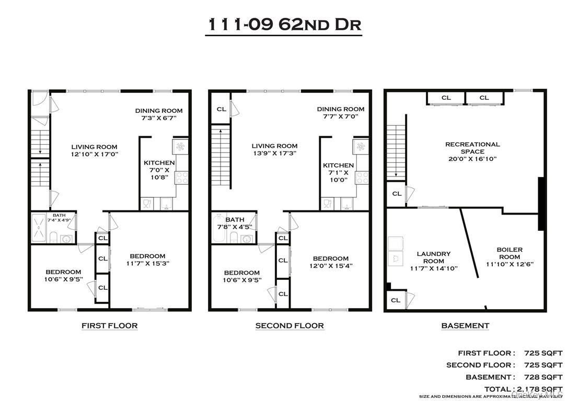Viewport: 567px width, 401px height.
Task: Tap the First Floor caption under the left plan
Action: pos(109,326)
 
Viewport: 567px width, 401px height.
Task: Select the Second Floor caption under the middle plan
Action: pos(290,326)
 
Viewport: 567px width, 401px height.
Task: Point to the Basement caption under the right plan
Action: pos(465,326)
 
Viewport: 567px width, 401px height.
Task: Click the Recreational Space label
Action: pos(472,151)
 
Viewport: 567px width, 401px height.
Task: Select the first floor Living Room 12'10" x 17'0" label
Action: pos(95,150)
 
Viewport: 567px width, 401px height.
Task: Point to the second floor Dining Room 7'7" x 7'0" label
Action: pos(341,113)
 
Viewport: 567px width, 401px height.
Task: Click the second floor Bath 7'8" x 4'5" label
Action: pos(233,223)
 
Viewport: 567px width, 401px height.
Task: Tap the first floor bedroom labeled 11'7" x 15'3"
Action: pos(147,260)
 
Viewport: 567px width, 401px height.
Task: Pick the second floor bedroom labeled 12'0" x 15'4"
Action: pos(331,262)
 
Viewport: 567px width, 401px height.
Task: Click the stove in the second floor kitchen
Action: pos(361,177)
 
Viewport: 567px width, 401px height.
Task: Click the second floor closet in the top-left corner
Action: pos(222,109)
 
